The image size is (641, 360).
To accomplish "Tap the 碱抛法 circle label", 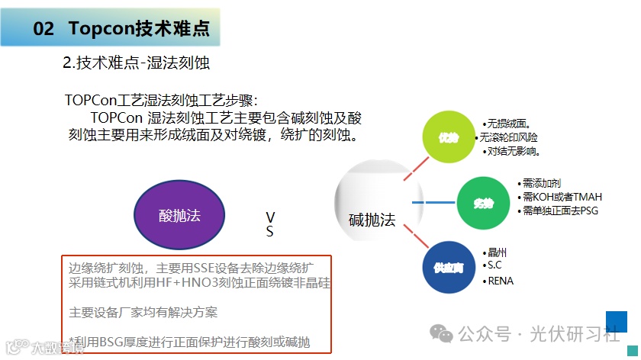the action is [372, 220].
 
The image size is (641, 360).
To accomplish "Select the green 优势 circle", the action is [448, 137].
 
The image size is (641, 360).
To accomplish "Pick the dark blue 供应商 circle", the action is [449, 267].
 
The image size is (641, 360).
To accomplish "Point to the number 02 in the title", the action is [44, 29].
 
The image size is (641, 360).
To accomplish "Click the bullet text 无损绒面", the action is [508, 124].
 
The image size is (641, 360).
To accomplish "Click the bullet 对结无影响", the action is [513, 151].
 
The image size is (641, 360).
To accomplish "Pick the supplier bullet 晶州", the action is [497, 252].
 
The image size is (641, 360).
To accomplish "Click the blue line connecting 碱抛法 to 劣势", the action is [433, 203].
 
